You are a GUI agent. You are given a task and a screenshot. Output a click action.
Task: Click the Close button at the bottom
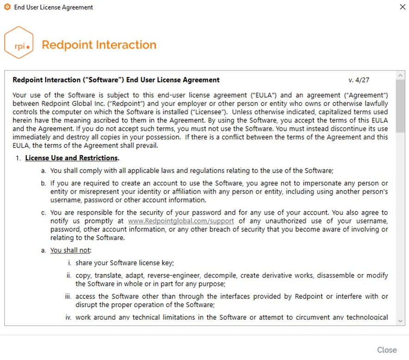(387, 350)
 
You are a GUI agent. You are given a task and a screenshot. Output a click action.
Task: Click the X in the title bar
(401, 7)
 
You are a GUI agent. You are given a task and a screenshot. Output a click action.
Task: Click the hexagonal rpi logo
(19, 45)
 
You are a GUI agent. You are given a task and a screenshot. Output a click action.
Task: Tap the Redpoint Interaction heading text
(99, 45)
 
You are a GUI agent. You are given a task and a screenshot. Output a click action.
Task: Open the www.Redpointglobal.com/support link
(181, 221)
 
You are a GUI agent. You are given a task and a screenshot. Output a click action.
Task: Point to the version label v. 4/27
(359, 80)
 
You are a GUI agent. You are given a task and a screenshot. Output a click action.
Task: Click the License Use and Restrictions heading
(72, 158)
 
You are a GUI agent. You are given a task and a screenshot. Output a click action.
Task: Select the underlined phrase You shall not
(71, 250)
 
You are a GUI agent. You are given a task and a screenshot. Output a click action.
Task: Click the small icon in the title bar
(7, 7)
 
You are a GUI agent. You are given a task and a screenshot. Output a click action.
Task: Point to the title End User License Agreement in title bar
(54, 7)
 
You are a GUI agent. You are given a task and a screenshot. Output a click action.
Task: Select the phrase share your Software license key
(124, 263)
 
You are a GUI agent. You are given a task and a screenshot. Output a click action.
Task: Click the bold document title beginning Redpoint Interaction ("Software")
(116, 80)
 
